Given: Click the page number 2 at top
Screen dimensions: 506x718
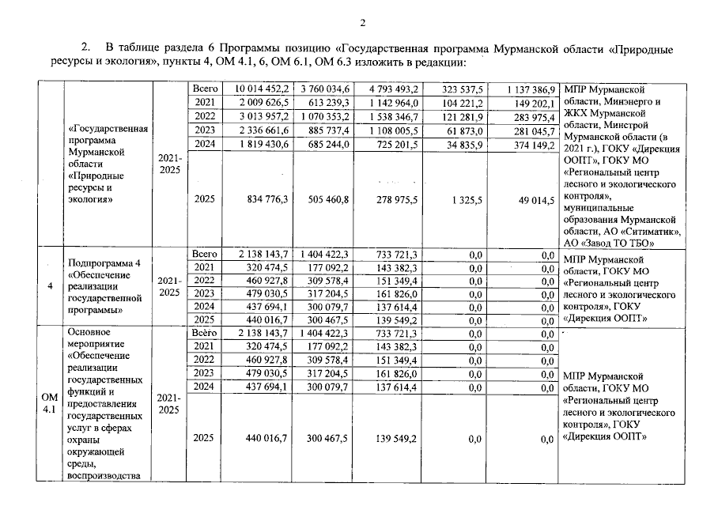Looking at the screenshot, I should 361,21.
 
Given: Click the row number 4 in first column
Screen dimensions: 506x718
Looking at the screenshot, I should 50,286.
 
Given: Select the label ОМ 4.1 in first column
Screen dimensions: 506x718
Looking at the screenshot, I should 50,402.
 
